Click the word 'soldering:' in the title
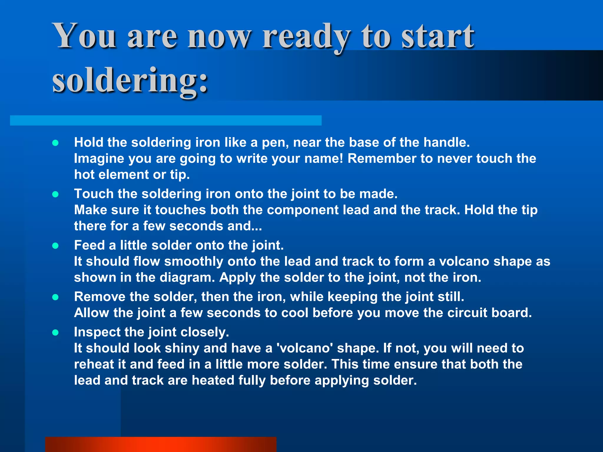tap(130, 80)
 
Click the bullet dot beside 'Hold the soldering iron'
tap(55, 143)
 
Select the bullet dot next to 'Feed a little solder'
tap(55, 246)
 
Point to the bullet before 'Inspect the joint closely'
tap(55, 333)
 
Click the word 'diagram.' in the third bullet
tap(188, 277)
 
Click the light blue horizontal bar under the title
tap(165, 120)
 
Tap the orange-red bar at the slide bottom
tap(161, 444)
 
